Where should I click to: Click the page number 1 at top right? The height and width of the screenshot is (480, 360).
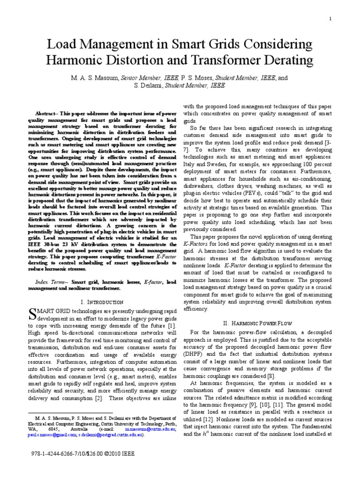tap(330, 18)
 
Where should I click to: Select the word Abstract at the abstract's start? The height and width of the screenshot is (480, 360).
tap(47, 113)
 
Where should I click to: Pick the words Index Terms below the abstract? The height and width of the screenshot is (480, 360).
tap(52, 282)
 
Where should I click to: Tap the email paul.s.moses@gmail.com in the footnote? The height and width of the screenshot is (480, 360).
tap(49, 435)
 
